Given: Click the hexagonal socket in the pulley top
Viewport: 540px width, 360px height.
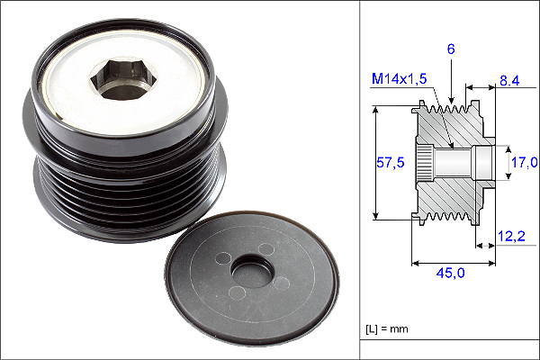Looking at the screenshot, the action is click(123, 79).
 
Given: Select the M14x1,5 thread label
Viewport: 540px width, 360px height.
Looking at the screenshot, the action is click(399, 78).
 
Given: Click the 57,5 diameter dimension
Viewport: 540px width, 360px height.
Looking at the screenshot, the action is click(391, 162).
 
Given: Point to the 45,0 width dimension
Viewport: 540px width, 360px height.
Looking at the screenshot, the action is click(450, 273).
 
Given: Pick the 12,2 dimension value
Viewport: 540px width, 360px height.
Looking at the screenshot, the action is click(511, 236).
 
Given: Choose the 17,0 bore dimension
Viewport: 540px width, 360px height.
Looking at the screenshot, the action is click(524, 162).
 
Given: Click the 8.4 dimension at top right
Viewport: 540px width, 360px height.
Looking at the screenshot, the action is click(509, 81).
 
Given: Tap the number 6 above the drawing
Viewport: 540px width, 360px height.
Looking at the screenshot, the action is click(451, 49).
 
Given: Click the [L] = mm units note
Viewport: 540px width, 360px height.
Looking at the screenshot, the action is click(387, 329).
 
